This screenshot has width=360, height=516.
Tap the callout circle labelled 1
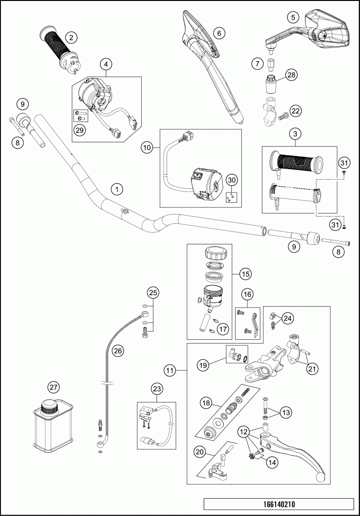[x=116, y=189]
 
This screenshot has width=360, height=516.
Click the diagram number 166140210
[x=279, y=505]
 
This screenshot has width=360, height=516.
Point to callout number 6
[x=218, y=33]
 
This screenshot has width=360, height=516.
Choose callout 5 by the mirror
[x=292, y=17]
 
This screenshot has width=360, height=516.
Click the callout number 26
[x=118, y=351]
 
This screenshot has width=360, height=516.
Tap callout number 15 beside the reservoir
[x=245, y=275]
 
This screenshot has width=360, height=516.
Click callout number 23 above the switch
[x=157, y=388]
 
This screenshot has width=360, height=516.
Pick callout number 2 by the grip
[x=71, y=37]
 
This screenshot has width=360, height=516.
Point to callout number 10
[x=146, y=148]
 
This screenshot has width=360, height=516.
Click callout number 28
[x=292, y=74]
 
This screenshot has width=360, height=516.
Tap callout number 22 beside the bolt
[x=295, y=111]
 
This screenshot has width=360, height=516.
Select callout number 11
[x=169, y=370]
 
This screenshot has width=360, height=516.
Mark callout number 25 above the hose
[x=152, y=292]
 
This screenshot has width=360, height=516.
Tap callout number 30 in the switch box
[x=232, y=180]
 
